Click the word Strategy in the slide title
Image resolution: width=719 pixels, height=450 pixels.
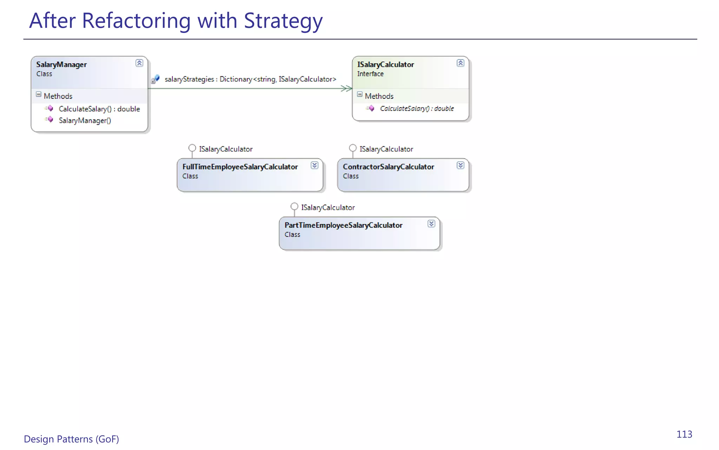click(283, 21)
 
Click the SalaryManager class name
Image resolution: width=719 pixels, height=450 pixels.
click(61, 65)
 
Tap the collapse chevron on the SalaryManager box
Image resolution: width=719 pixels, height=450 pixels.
click(139, 63)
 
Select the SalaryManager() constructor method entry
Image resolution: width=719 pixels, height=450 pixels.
click(85, 121)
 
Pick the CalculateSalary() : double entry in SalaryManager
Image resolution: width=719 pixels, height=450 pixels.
click(99, 109)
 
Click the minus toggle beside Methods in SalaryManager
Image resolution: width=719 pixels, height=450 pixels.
click(39, 95)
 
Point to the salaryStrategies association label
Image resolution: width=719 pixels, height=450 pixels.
click(250, 79)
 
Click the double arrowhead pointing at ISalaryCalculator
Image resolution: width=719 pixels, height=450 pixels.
click(346, 88)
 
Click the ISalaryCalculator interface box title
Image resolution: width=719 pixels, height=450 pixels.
click(385, 65)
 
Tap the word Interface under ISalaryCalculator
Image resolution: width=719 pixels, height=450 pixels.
click(370, 74)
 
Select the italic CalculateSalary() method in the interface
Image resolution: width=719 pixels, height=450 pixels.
click(417, 109)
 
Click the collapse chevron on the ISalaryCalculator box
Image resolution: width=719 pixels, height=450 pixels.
click(460, 63)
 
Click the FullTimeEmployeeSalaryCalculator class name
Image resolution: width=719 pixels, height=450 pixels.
click(240, 167)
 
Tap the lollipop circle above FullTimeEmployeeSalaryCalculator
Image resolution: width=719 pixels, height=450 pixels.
click(192, 148)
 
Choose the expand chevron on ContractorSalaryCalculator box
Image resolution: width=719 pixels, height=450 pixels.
click(460, 165)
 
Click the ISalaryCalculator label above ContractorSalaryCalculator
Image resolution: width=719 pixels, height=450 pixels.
click(386, 149)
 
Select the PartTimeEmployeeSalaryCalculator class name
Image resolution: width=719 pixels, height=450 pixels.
click(343, 225)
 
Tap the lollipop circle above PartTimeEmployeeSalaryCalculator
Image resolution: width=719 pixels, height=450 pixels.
click(294, 206)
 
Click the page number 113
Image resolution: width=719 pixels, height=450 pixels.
click(684, 435)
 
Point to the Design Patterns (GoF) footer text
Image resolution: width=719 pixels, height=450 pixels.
click(71, 439)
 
